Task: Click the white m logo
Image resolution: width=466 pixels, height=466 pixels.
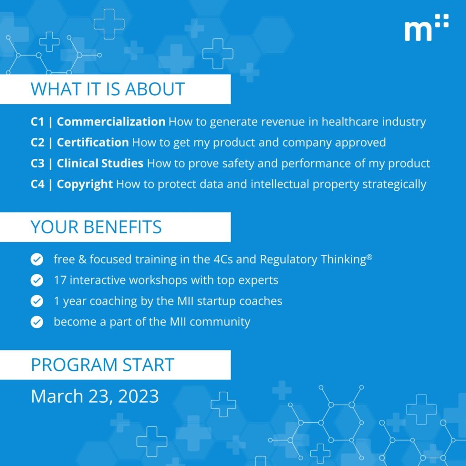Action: [x=426, y=27]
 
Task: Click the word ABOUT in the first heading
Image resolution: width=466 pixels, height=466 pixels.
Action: [x=155, y=89]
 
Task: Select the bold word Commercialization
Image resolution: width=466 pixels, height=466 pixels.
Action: [x=111, y=122]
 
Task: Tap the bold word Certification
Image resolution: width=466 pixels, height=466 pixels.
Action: [x=93, y=142]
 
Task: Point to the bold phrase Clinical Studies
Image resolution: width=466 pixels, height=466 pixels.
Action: [x=100, y=163]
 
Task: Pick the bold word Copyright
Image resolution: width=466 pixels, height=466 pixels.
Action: [x=85, y=184]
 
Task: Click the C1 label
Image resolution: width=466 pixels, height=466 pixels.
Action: [x=37, y=122]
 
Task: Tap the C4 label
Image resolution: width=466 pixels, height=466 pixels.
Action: [x=37, y=184]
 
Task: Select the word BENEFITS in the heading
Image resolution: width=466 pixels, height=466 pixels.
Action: [x=123, y=227]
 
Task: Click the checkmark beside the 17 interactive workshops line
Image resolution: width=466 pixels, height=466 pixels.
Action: [x=37, y=280]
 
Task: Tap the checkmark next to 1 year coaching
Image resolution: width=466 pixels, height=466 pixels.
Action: [x=37, y=301]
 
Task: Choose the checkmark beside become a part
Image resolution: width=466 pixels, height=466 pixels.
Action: [x=37, y=322]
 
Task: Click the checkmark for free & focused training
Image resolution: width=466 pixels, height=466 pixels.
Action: [x=37, y=259]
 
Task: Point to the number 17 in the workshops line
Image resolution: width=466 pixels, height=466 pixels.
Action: [x=60, y=280]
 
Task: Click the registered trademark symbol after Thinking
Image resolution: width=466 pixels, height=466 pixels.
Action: [x=370, y=257]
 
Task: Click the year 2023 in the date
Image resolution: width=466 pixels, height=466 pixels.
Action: [x=138, y=396]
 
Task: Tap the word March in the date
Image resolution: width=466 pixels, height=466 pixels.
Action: [x=57, y=396]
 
